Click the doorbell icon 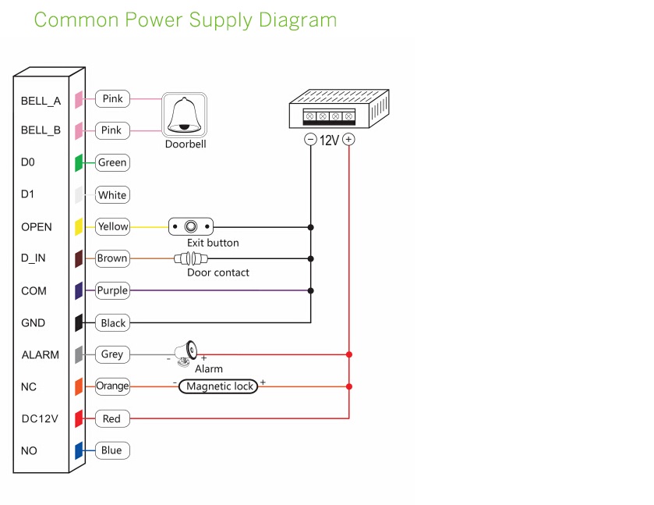[x=185, y=115]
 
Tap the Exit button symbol [x=190, y=227]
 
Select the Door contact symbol [x=190, y=258]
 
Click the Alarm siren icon [x=186, y=354]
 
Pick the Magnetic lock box [x=218, y=386]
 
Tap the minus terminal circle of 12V [x=310, y=140]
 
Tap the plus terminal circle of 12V [x=348, y=140]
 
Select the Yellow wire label [x=112, y=227]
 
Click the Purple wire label [x=112, y=290]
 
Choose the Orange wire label [x=112, y=386]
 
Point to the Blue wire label [x=111, y=450]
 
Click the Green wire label [x=112, y=163]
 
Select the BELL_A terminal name [x=41, y=101]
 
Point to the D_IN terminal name [x=36, y=258]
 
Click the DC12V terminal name [x=40, y=419]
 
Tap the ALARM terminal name [x=40, y=355]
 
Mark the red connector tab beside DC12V [x=79, y=419]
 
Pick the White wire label [x=112, y=195]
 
